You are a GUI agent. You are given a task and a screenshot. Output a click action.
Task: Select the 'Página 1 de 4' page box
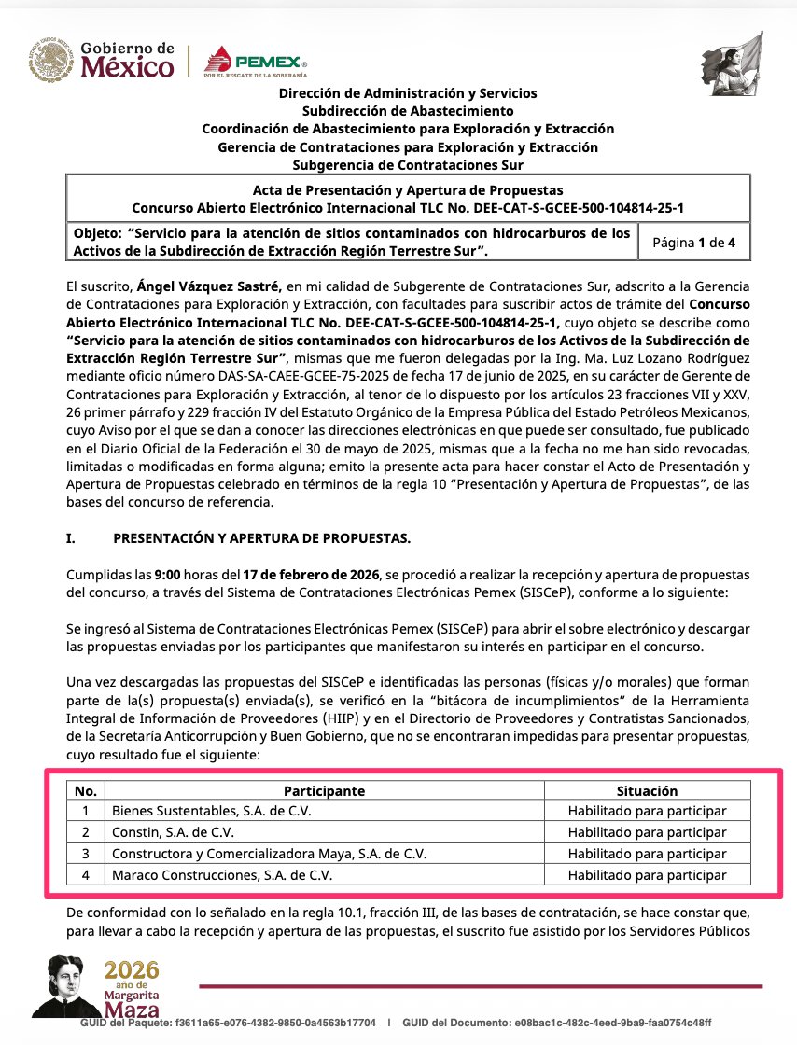pyautogui.click(x=693, y=243)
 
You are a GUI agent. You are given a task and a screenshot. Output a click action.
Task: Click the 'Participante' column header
pyautogui.click(x=324, y=791)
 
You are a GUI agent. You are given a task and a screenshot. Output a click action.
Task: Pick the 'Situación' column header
pyautogui.click(x=647, y=791)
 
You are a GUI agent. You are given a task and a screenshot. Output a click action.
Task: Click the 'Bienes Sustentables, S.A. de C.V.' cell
pyautogui.click(x=212, y=811)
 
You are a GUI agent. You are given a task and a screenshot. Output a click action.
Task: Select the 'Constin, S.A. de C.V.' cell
pyautogui.click(x=174, y=832)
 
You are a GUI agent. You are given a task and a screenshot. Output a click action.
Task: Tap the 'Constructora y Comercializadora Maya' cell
pyautogui.click(x=269, y=854)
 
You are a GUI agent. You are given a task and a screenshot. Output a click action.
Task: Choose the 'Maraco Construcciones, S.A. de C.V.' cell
pyautogui.click(x=222, y=875)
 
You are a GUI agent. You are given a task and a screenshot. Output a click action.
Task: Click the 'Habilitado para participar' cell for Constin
pyautogui.click(x=647, y=832)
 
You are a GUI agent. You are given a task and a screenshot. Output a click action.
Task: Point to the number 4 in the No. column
pyautogui.click(x=86, y=875)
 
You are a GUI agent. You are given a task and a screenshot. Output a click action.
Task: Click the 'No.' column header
pyautogui.click(x=86, y=791)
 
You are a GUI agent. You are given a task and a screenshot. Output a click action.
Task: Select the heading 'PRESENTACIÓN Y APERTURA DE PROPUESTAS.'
pyautogui.click(x=261, y=539)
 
